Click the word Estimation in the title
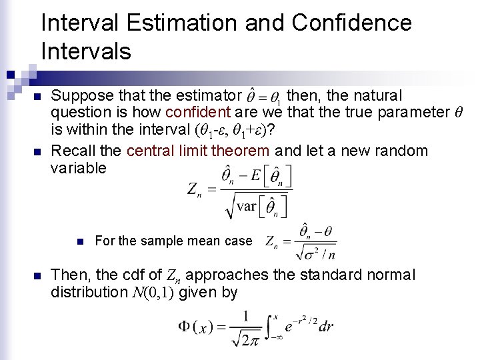pyautogui.click(x=171, y=23)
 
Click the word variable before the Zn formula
pyautogui.click(x=78, y=168)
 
